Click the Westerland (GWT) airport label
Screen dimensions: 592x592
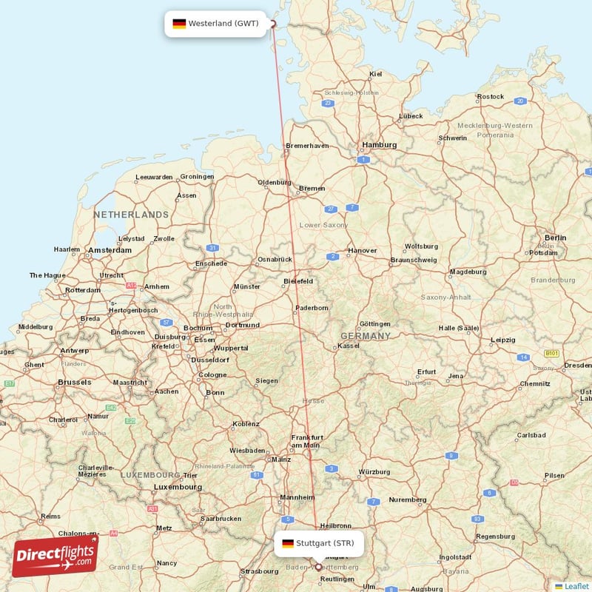click(x=223, y=23)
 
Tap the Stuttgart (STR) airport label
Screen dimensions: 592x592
click(x=325, y=543)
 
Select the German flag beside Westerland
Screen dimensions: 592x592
click(x=179, y=24)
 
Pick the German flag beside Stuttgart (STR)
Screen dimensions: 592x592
click(x=288, y=544)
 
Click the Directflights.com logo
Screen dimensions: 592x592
click(x=55, y=556)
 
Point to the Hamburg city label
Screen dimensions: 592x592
click(x=379, y=144)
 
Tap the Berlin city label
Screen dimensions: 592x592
click(x=555, y=238)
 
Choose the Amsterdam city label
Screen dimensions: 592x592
click(x=110, y=251)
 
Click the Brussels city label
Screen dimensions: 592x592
click(x=74, y=382)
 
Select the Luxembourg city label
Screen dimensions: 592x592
click(x=178, y=487)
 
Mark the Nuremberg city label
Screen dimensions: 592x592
click(x=408, y=499)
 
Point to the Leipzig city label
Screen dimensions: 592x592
click(x=502, y=340)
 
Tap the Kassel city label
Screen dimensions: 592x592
click(x=348, y=346)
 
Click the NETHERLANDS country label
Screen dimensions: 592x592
click(x=131, y=215)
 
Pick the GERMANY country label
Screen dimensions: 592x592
click(x=365, y=336)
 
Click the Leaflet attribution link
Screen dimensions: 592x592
click(x=576, y=586)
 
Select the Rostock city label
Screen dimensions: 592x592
click(x=491, y=97)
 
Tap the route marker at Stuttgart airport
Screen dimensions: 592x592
click(x=319, y=567)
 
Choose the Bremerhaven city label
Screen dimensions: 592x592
click(x=307, y=146)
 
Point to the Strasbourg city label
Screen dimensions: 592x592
click(x=259, y=571)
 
